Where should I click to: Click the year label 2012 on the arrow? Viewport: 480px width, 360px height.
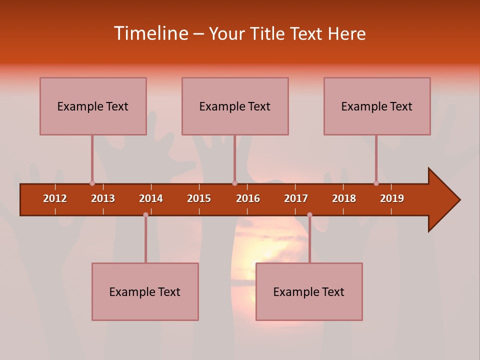(55, 198)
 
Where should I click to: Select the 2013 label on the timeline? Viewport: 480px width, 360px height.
(103, 198)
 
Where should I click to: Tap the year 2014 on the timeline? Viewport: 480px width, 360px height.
(151, 198)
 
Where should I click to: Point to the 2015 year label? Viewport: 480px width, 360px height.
(199, 198)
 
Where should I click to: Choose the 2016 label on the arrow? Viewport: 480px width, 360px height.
(248, 198)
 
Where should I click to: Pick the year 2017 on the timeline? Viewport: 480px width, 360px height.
(296, 198)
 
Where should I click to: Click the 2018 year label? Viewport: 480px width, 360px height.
(344, 198)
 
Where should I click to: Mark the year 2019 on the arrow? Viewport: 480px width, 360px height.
(392, 198)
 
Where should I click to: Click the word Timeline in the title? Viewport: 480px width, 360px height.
(150, 33)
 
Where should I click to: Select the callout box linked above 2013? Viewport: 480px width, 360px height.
(93, 106)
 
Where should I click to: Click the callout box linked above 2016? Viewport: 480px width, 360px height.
(235, 106)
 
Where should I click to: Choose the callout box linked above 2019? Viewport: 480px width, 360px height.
(377, 106)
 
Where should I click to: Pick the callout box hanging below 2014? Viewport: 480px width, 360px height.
(145, 291)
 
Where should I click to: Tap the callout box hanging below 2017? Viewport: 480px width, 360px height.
(309, 291)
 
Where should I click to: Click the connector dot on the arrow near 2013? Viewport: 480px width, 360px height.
(92, 183)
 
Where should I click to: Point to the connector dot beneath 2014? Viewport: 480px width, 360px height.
(145, 215)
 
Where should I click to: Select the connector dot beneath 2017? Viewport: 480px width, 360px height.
(309, 215)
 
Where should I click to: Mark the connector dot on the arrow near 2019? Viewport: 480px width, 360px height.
(376, 183)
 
